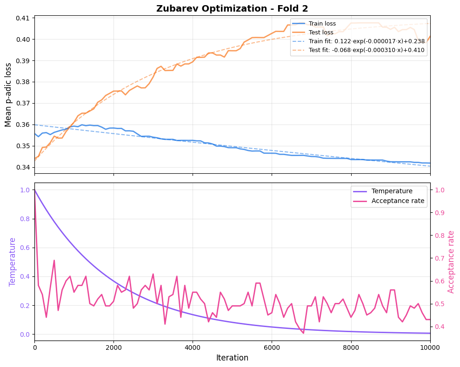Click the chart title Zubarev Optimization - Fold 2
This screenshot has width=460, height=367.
point(232,8)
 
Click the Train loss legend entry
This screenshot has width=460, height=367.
point(322,24)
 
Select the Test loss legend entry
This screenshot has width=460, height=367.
point(321,33)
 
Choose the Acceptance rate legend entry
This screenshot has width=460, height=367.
point(398,201)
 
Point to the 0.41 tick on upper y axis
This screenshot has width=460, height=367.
point(22,18)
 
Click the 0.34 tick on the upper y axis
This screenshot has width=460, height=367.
point(22,167)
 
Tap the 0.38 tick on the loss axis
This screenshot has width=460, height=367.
point(22,82)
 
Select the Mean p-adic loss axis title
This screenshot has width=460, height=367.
point(8,95)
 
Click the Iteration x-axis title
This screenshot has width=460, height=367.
point(232,358)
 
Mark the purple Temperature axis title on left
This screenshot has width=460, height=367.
point(13,262)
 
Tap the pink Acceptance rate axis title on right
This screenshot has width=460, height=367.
point(451,262)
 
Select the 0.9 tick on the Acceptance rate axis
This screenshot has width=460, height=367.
point(440,213)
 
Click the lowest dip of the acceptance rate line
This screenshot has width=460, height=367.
point(303,333)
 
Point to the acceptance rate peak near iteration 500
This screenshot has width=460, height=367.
point(54,260)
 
